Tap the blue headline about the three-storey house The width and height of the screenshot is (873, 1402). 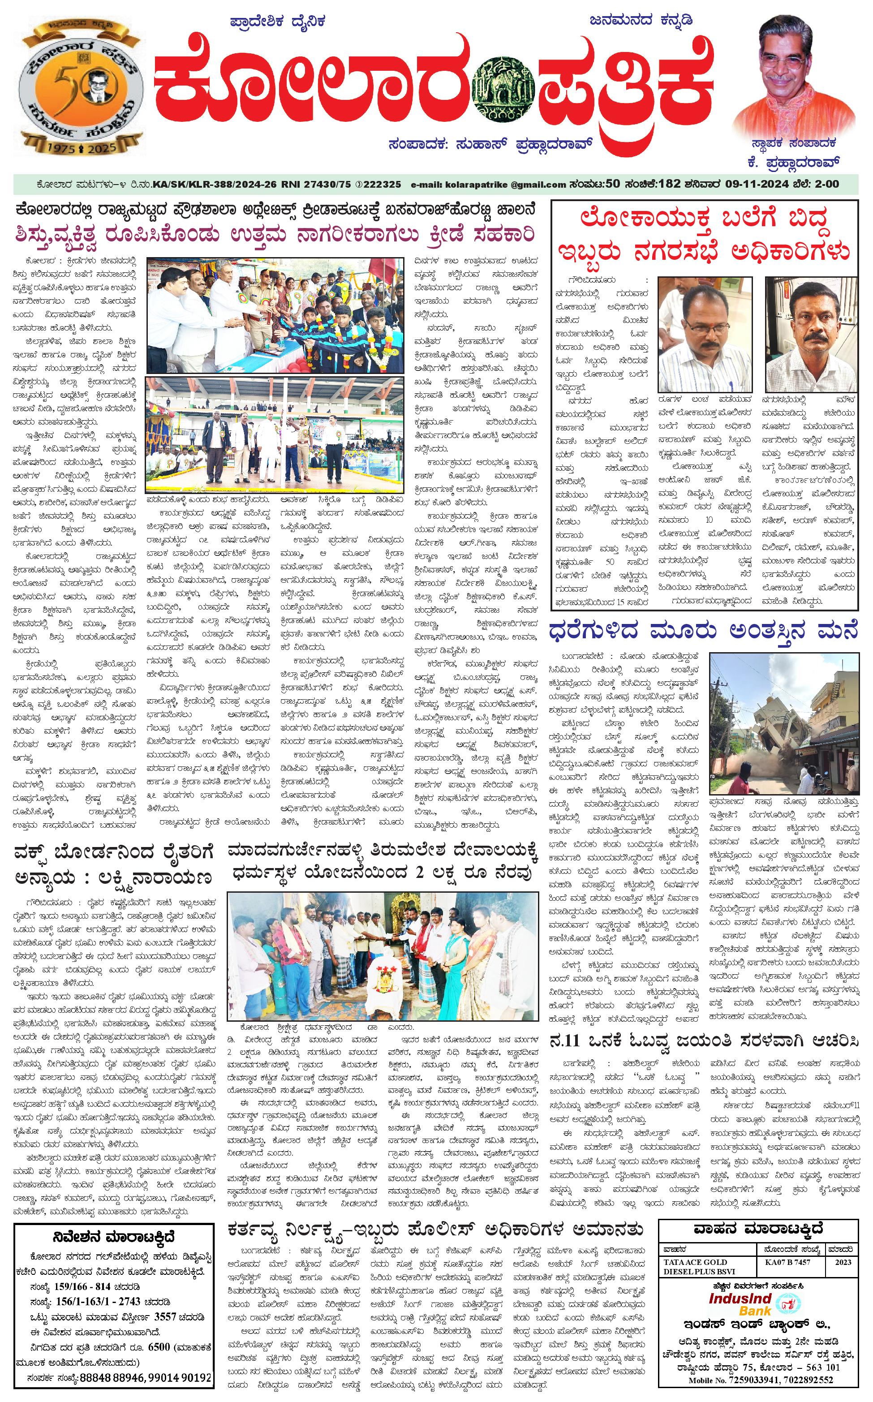coord(703,631)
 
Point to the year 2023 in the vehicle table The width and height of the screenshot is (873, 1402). coord(843,1262)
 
